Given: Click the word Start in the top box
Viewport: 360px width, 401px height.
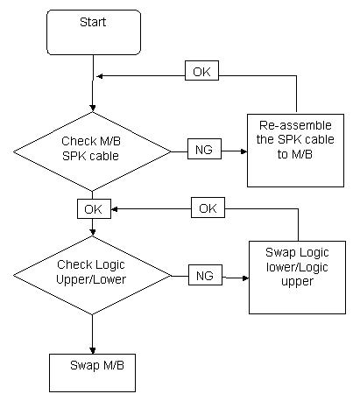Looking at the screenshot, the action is pos(93,22).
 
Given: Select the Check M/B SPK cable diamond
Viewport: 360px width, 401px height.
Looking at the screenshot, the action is pos(92,151).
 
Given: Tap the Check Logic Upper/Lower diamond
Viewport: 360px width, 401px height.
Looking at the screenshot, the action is pos(92,276).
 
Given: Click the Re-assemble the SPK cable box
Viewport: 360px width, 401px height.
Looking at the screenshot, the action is pos(295,151).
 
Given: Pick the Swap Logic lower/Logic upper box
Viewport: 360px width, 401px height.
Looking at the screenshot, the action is pos(297,278).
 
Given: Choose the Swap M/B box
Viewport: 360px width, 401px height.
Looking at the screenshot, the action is pos(92,373).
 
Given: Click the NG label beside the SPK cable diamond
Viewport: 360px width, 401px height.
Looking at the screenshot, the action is pos(204,149).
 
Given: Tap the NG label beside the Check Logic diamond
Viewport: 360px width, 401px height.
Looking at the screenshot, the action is pos(205,275).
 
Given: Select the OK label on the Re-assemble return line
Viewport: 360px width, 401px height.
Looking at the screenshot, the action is pos(201,71).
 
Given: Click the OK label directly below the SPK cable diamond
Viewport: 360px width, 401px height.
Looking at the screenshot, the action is pos(94,208).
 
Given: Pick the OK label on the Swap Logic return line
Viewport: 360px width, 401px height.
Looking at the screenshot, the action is pos(208,208).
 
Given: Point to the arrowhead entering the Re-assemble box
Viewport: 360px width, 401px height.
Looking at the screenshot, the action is pos(244,151).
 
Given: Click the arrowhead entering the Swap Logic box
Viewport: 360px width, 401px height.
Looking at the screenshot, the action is pos(245,278).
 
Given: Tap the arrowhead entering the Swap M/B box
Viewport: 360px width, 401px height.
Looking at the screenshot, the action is pos(93,350).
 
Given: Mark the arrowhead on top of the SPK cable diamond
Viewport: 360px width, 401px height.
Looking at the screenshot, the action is pos(93,109).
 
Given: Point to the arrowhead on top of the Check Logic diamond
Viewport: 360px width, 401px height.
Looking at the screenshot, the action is pos(93,232).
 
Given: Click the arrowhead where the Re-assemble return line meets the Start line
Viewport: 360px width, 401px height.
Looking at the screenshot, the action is pos(99,76).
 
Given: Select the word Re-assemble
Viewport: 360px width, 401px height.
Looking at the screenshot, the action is pos(295,125).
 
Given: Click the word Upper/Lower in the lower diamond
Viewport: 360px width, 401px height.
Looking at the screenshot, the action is pos(91,279).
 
